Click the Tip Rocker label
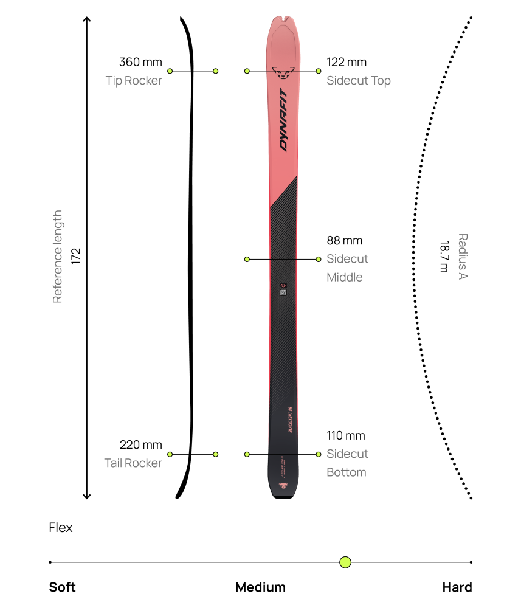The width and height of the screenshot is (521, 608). click(x=134, y=81)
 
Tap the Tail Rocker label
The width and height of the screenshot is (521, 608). click(x=133, y=463)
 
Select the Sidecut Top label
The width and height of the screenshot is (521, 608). click(x=358, y=81)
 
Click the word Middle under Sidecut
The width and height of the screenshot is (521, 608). click(x=344, y=277)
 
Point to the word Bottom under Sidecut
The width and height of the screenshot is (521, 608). click(x=346, y=472)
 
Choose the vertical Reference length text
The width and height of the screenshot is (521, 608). click(x=58, y=257)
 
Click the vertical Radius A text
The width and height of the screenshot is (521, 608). click(x=463, y=257)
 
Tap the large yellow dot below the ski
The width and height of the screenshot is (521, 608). click(x=345, y=562)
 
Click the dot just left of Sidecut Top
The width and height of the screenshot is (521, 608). click(x=319, y=71)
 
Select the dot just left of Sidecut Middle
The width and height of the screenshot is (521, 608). click(x=319, y=259)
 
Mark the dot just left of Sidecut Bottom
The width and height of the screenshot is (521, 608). click(x=319, y=454)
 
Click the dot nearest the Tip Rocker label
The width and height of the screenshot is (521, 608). click(x=170, y=71)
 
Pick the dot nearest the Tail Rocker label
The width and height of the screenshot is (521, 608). click(x=170, y=454)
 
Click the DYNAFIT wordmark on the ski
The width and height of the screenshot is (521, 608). click(x=284, y=120)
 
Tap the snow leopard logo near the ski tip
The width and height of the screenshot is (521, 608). click(x=283, y=72)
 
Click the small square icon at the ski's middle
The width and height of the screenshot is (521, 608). click(x=283, y=292)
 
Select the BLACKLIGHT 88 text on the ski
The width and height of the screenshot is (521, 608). click(x=290, y=420)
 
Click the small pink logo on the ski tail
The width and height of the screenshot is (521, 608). click(x=283, y=485)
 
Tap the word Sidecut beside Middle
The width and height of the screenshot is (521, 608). click(x=347, y=259)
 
